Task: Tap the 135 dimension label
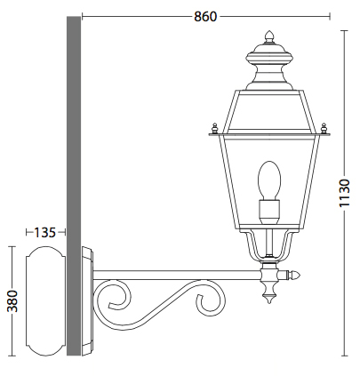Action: [x=44, y=232]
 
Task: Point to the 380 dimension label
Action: [x=12, y=301]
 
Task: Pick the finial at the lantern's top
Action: [x=268, y=40]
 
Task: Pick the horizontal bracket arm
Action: [x=178, y=274]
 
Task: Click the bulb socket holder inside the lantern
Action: [x=268, y=212]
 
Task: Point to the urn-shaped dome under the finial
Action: [x=268, y=71]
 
